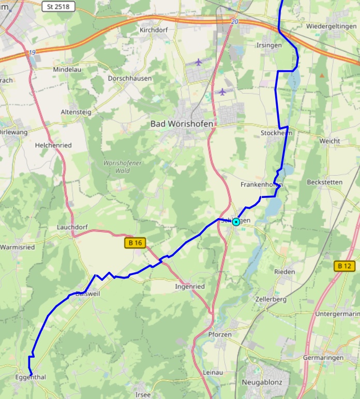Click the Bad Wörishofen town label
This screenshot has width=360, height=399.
pos(182,124)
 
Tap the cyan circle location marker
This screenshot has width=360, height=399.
pos(236,222)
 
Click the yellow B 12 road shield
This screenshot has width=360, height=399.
pos(344,266)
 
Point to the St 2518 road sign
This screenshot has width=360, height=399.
pos(57,7)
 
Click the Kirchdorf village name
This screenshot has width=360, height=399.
pos(155,30)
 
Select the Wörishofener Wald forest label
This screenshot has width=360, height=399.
pos(123,166)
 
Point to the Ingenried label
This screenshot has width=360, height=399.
pos(190,286)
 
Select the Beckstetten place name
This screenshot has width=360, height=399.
pos(324,182)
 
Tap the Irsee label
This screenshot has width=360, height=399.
pos(143,395)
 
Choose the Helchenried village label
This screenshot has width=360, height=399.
pos(53,145)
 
